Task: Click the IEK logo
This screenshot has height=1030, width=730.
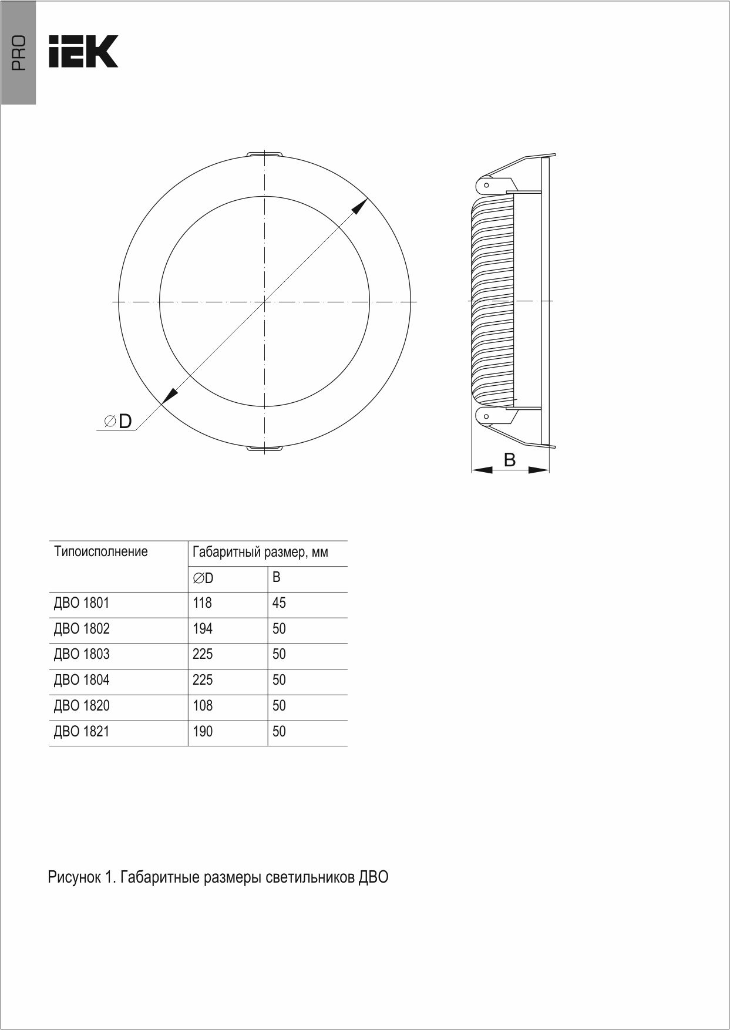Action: pos(83,51)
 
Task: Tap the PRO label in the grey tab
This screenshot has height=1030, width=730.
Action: pos(19,53)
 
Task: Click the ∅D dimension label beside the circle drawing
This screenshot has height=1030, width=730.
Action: pos(117,421)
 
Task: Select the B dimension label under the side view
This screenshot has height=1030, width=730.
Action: pos(510,460)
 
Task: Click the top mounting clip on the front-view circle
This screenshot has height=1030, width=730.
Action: pos(264,154)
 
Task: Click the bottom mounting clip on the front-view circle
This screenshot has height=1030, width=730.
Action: pos(264,449)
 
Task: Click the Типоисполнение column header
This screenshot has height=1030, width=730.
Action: pos(101,552)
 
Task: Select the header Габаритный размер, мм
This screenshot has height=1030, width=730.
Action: pos(260,553)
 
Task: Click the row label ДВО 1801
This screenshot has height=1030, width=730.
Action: pos(82,603)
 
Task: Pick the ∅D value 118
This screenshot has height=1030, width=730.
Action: pos(202,603)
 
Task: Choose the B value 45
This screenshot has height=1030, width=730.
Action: pos(279,603)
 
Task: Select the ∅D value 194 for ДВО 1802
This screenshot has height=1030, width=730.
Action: pos(202,629)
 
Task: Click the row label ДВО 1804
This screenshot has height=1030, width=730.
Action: pos(82,680)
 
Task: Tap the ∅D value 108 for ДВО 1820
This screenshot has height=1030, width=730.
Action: pos(202,706)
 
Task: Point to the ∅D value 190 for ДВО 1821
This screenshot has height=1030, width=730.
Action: pos(202,732)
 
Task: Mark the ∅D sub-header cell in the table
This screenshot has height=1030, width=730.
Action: pos(203,578)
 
